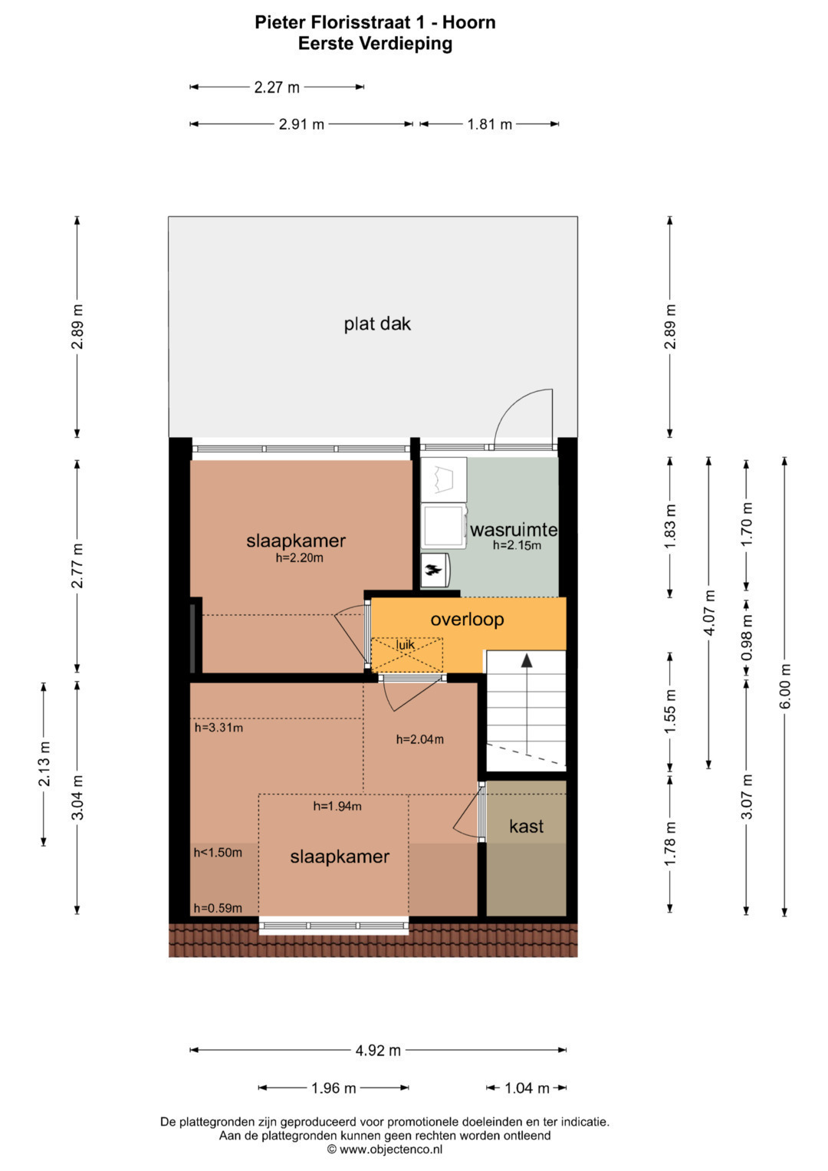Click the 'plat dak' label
pos(377,324)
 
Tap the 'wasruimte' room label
pos(514,530)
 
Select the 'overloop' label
pos(468,620)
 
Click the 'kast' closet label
pos(527,826)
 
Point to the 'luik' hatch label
pos(406,645)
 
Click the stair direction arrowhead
pos(527,660)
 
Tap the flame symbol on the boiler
pos(433,569)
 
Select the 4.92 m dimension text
pos(378,1051)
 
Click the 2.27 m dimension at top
pos(277,87)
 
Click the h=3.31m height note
pos(219,728)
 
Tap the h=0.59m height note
pos(218,909)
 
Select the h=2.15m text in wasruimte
pos(517,546)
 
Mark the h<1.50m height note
pos(218,854)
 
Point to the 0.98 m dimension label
pos(747,636)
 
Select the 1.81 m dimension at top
pos(489,124)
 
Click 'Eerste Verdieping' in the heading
pos(375,44)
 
